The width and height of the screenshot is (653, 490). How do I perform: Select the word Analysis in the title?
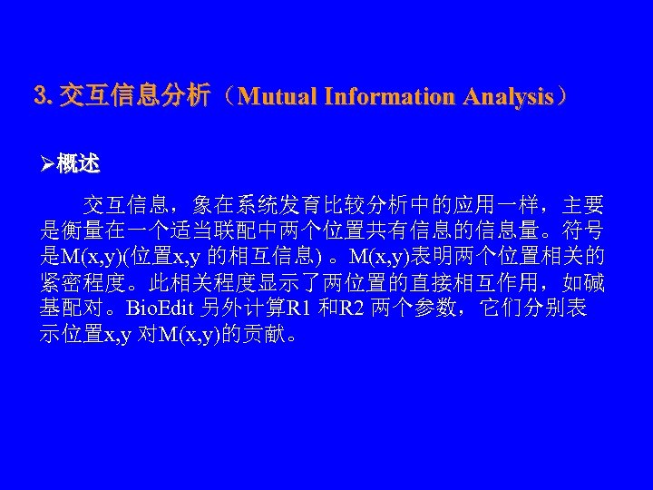507,95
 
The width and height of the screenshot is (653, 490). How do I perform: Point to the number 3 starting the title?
38,95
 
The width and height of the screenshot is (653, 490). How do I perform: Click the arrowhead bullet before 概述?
48,164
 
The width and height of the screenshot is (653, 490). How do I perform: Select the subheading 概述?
78,164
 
